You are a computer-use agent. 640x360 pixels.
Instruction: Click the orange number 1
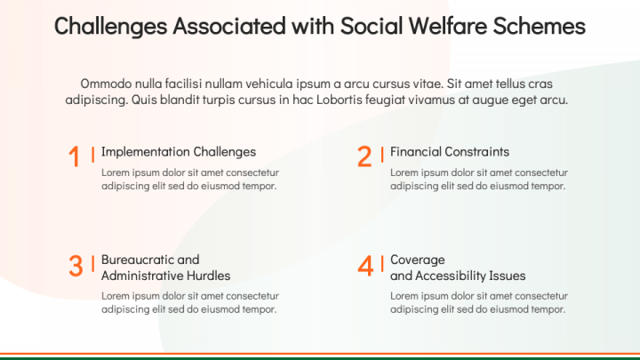(x=75, y=156)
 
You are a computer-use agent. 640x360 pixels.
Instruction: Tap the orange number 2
(x=364, y=156)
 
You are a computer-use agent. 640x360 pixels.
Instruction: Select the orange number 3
(x=76, y=266)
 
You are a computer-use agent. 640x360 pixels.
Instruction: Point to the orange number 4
(x=365, y=266)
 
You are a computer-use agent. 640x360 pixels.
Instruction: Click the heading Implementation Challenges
(x=179, y=152)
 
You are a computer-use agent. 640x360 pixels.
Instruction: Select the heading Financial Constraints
(x=450, y=152)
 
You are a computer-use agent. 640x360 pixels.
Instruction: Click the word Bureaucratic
(x=138, y=260)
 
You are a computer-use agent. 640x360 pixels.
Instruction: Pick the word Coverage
(x=418, y=260)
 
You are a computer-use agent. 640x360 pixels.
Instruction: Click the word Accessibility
(x=451, y=276)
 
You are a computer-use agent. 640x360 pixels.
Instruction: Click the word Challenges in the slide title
(x=110, y=26)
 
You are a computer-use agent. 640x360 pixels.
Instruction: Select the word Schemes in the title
(x=540, y=26)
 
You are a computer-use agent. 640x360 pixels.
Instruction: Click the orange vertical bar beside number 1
(x=93, y=155)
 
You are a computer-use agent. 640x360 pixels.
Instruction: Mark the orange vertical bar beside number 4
(x=382, y=264)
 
